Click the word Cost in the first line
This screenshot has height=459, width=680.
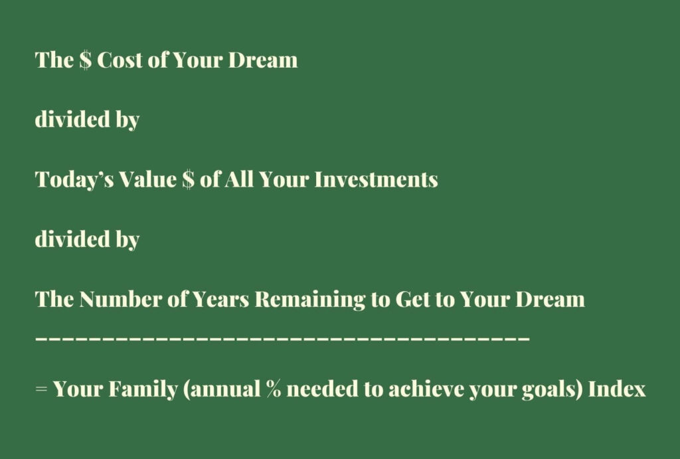pyautogui.click(x=120, y=60)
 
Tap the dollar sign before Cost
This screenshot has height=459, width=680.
pyautogui.click(x=86, y=60)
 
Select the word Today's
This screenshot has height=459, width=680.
pyautogui.click(x=74, y=179)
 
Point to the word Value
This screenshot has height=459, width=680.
pyautogui.click(x=147, y=179)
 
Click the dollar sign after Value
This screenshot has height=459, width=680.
pyautogui.click(x=188, y=179)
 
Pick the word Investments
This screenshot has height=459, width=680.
pyautogui.click(x=376, y=179)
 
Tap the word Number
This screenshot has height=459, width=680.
pyautogui.click(x=120, y=299)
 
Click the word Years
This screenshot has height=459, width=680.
pyautogui.click(x=220, y=299)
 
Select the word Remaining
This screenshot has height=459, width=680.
pyautogui.click(x=309, y=300)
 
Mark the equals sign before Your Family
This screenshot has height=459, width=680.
pyautogui.click(x=41, y=389)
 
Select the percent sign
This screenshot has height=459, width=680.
pyautogui.click(x=273, y=389)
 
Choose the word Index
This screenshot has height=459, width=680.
pyautogui.click(x=617, y=389)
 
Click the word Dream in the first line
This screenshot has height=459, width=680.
pyautogui.click(x=263, y=60)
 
